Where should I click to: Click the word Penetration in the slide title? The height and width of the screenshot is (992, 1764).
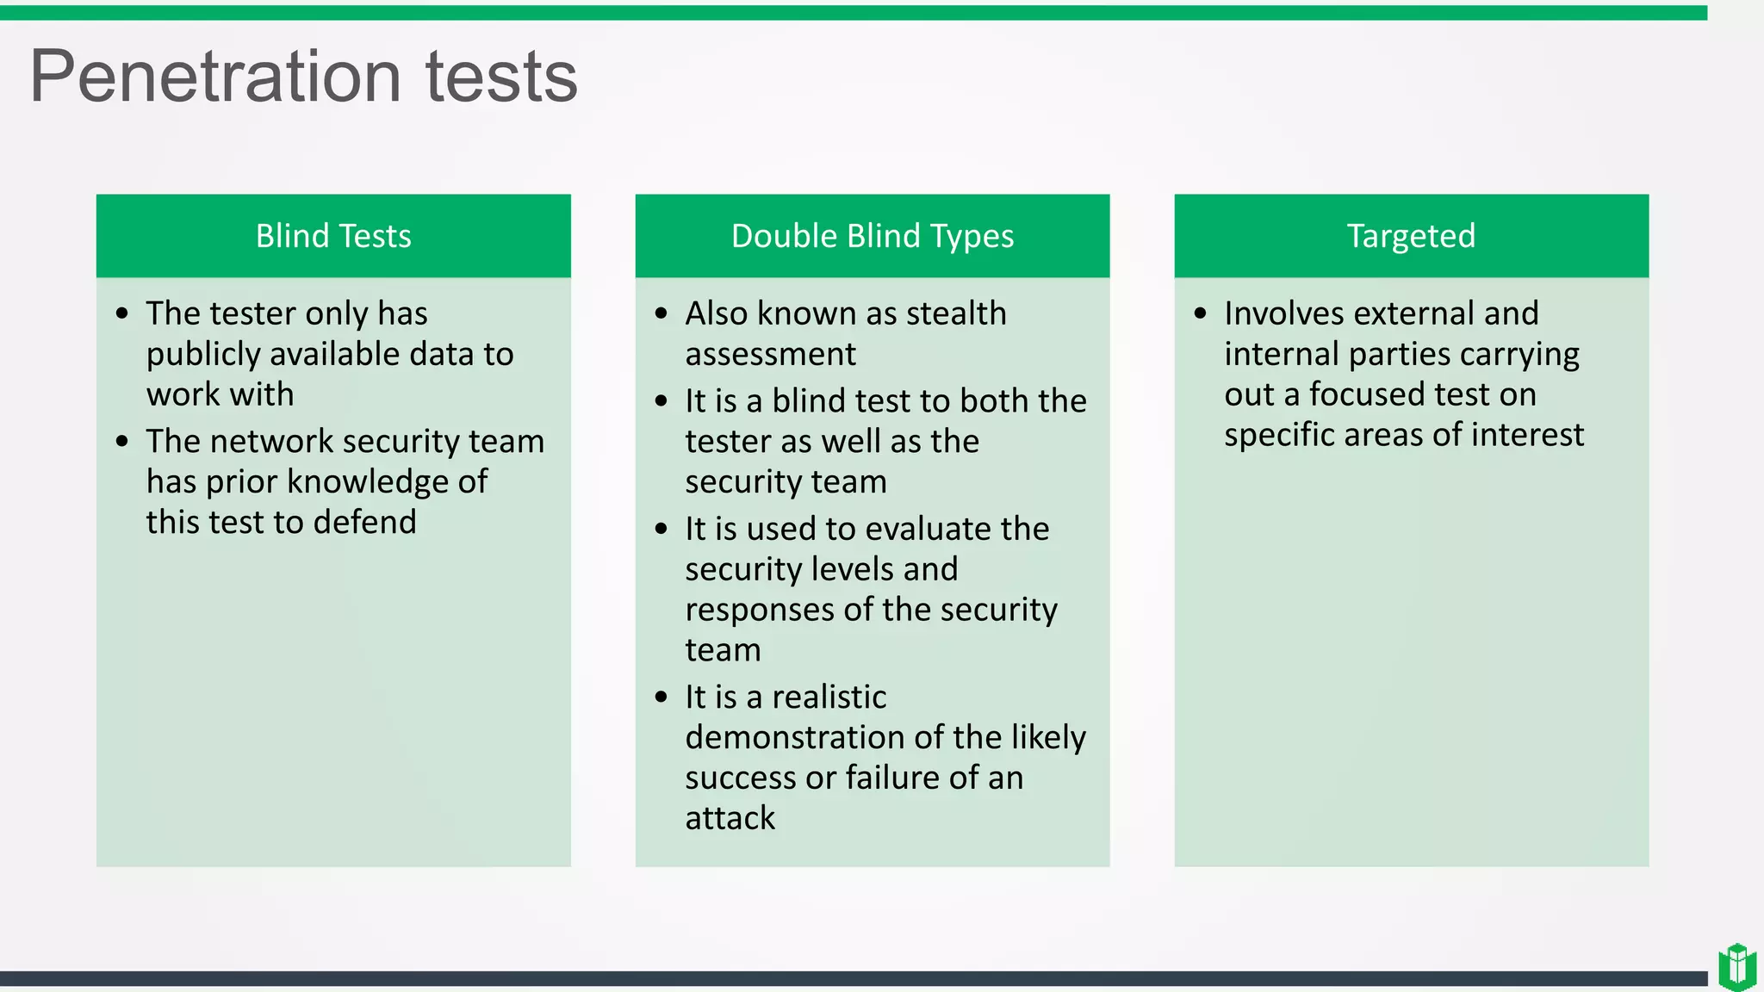[215, 77]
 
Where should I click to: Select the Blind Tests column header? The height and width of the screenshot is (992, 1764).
[333, 236]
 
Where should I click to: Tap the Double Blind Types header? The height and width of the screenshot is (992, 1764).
[872, 236]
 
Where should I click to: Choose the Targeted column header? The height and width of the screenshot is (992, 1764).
[1411, 236]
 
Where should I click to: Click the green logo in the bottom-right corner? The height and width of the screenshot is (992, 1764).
[1736, 966]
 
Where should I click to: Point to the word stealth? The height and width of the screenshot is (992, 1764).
[956, 313]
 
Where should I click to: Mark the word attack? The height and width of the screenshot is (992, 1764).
[730, 818]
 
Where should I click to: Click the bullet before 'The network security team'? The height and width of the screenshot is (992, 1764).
[122, 442]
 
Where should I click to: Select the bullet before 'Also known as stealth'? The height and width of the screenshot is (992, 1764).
[661, 313]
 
